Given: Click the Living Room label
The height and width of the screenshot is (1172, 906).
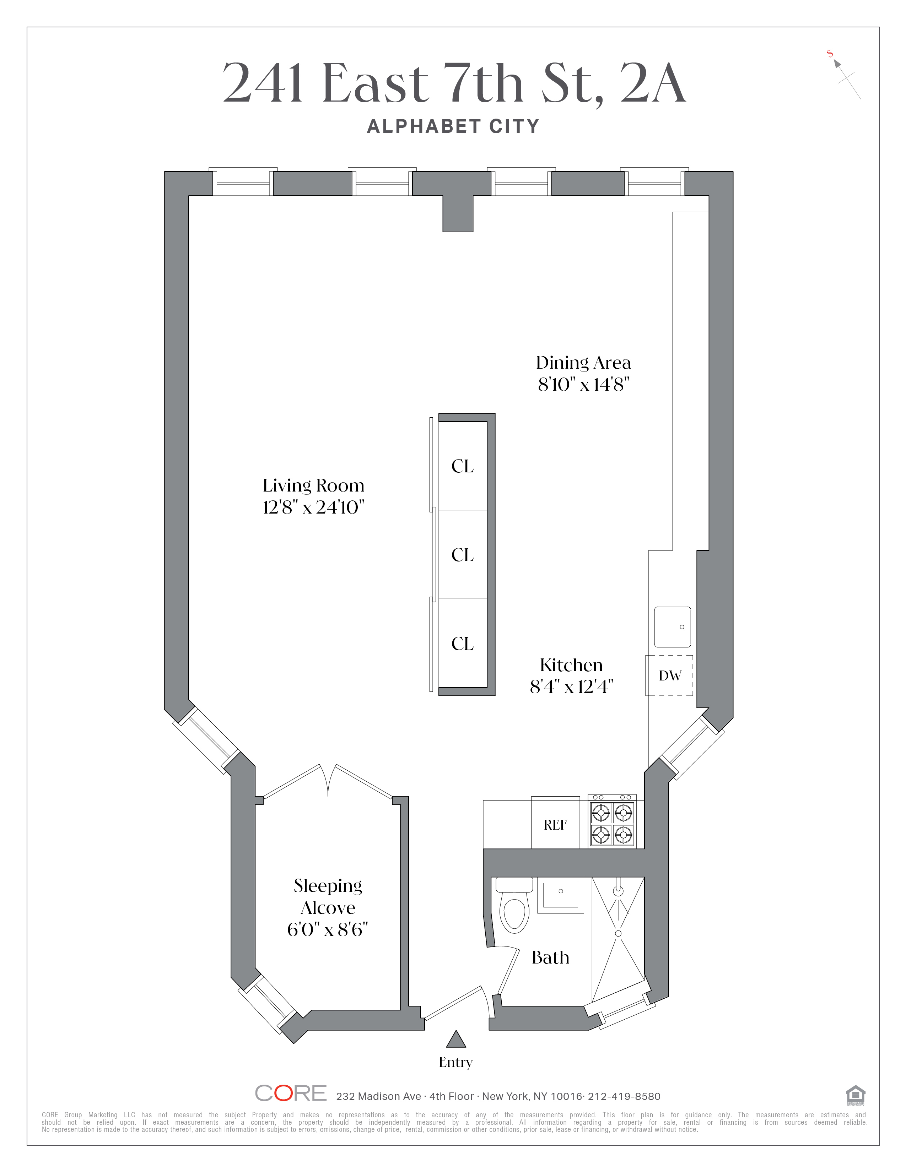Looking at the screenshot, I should click(313, 485).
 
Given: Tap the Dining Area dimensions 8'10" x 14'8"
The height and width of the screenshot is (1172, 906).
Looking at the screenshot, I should click(583, 385).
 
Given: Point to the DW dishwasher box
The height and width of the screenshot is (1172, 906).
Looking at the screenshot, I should click(669, 675).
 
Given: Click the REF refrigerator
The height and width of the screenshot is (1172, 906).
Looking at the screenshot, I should click(555, 824).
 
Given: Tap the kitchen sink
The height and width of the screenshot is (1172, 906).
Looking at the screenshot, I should click(672, 627).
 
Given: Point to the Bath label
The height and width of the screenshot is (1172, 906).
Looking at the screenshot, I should click(550, 957).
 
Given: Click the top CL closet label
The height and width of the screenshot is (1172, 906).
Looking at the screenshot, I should click(463, 466).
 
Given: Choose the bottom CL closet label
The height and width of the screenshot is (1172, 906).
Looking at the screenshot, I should click(463, 644).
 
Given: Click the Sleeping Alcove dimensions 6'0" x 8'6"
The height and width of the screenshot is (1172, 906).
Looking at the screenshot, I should click(328, 929).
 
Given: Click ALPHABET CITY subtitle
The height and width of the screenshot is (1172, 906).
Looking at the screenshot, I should click(453, 127).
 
